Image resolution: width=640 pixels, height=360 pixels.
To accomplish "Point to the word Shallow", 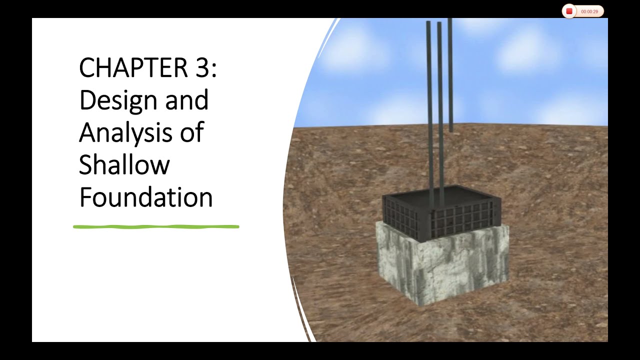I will pyautogui.click(x=124, y=165).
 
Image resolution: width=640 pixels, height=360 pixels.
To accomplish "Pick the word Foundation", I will pyautogui.click(x=146, y=197).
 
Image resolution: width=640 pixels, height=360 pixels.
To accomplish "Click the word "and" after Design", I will pyautogui.click(x=187, y=100).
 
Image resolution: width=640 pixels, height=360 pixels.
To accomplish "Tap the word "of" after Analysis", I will pyautogui.click(x=192, y=132).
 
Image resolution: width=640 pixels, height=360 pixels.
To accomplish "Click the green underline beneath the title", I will pyautogui.click(x=156, y=227).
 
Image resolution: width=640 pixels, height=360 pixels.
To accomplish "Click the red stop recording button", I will pyautogui.click(x=569, y=11).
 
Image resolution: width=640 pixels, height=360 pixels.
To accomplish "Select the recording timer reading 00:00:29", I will pyautogui.click(x=589, y=11).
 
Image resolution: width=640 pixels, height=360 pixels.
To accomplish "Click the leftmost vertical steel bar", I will pyautogui.click(x=429, y=100).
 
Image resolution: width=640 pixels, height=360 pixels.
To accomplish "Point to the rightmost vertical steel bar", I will pyautogui.click(x=450, y=75).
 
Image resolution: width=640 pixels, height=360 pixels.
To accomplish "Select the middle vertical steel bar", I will pyautogui.click(x=440, y=100).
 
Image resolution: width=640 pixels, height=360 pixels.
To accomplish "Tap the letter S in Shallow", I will pyautogui.click(x=86, y=165).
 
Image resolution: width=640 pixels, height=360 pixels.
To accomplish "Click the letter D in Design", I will pyautogui.click(x=87, y=100).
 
